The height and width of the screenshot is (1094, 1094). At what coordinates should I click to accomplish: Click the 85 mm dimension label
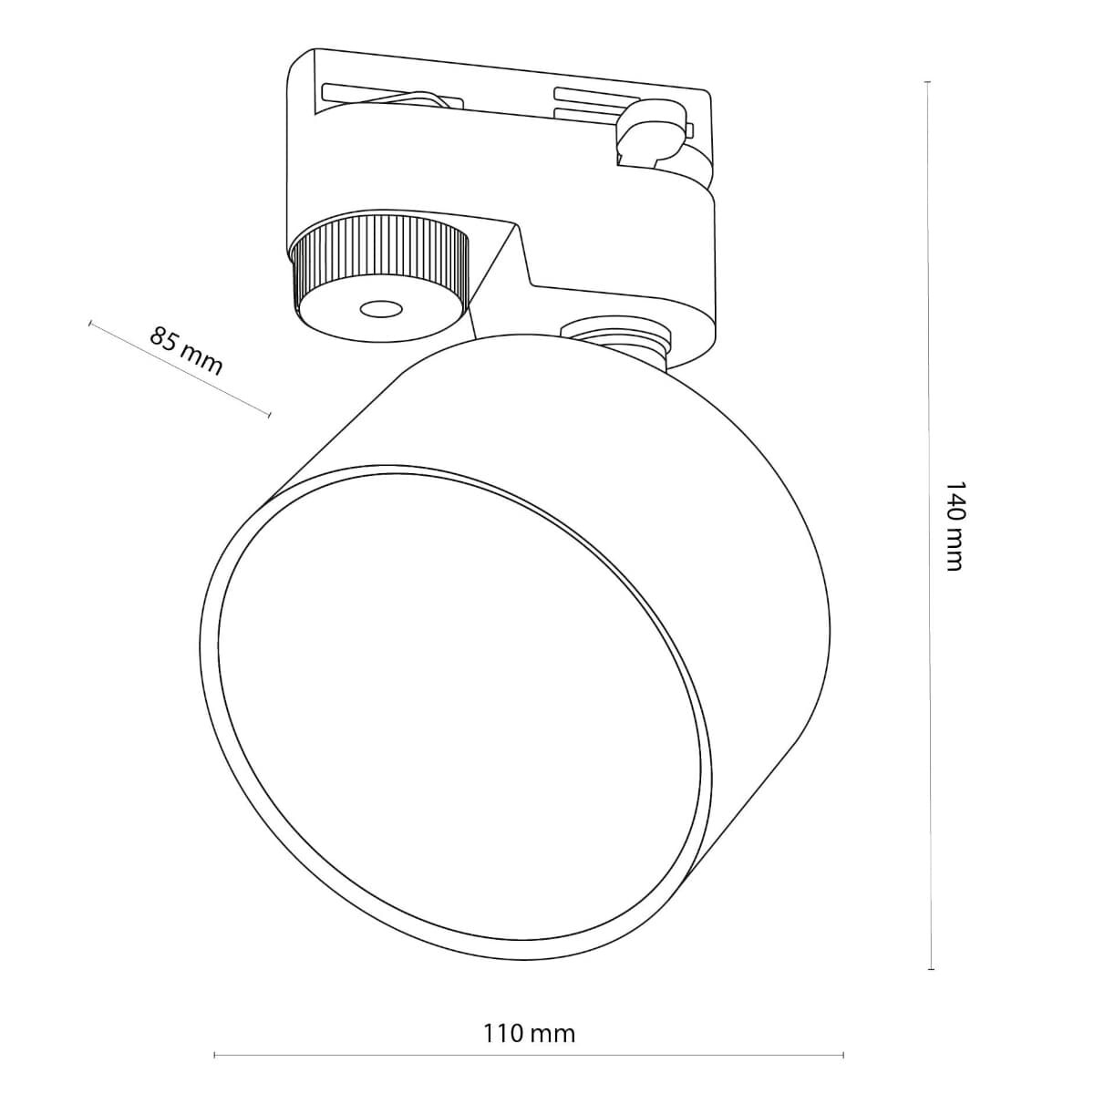pyautogui.click(x=185, y=350)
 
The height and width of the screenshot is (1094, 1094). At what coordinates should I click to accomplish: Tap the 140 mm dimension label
pyautogui.click(x=954, y=526)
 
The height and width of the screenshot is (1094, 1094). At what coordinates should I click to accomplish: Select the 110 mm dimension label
pyautogui.click(x=529, y=1033)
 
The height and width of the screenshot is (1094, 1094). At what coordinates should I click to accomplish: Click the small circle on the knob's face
pyautogui.click(x=381, y=310)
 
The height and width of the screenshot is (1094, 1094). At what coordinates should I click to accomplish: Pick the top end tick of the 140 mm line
pyautogui.click(x=928, y=82)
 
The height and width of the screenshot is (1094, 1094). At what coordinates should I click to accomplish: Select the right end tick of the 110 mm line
pyautogui.click(x=843, y=1058)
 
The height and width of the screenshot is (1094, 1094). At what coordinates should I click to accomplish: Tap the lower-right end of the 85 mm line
pyautogui.click(x=270, y=416)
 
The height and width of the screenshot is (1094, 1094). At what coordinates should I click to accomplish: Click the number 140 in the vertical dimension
pyautogui.click(x=954, y=501)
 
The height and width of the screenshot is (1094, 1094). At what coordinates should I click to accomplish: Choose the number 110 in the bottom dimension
pyautogui.click(x=501, y=1033)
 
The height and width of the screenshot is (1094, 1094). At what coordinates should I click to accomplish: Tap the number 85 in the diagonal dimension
pyautogui.click(x=165, y=339)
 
